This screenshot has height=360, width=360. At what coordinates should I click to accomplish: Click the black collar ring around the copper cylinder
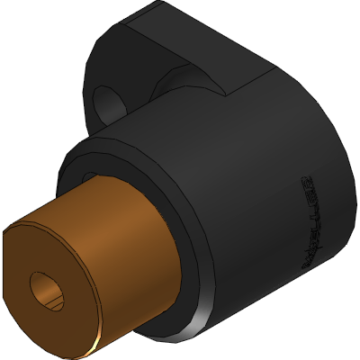[184, 270]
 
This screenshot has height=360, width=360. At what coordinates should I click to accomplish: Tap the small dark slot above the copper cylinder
[90, 173]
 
